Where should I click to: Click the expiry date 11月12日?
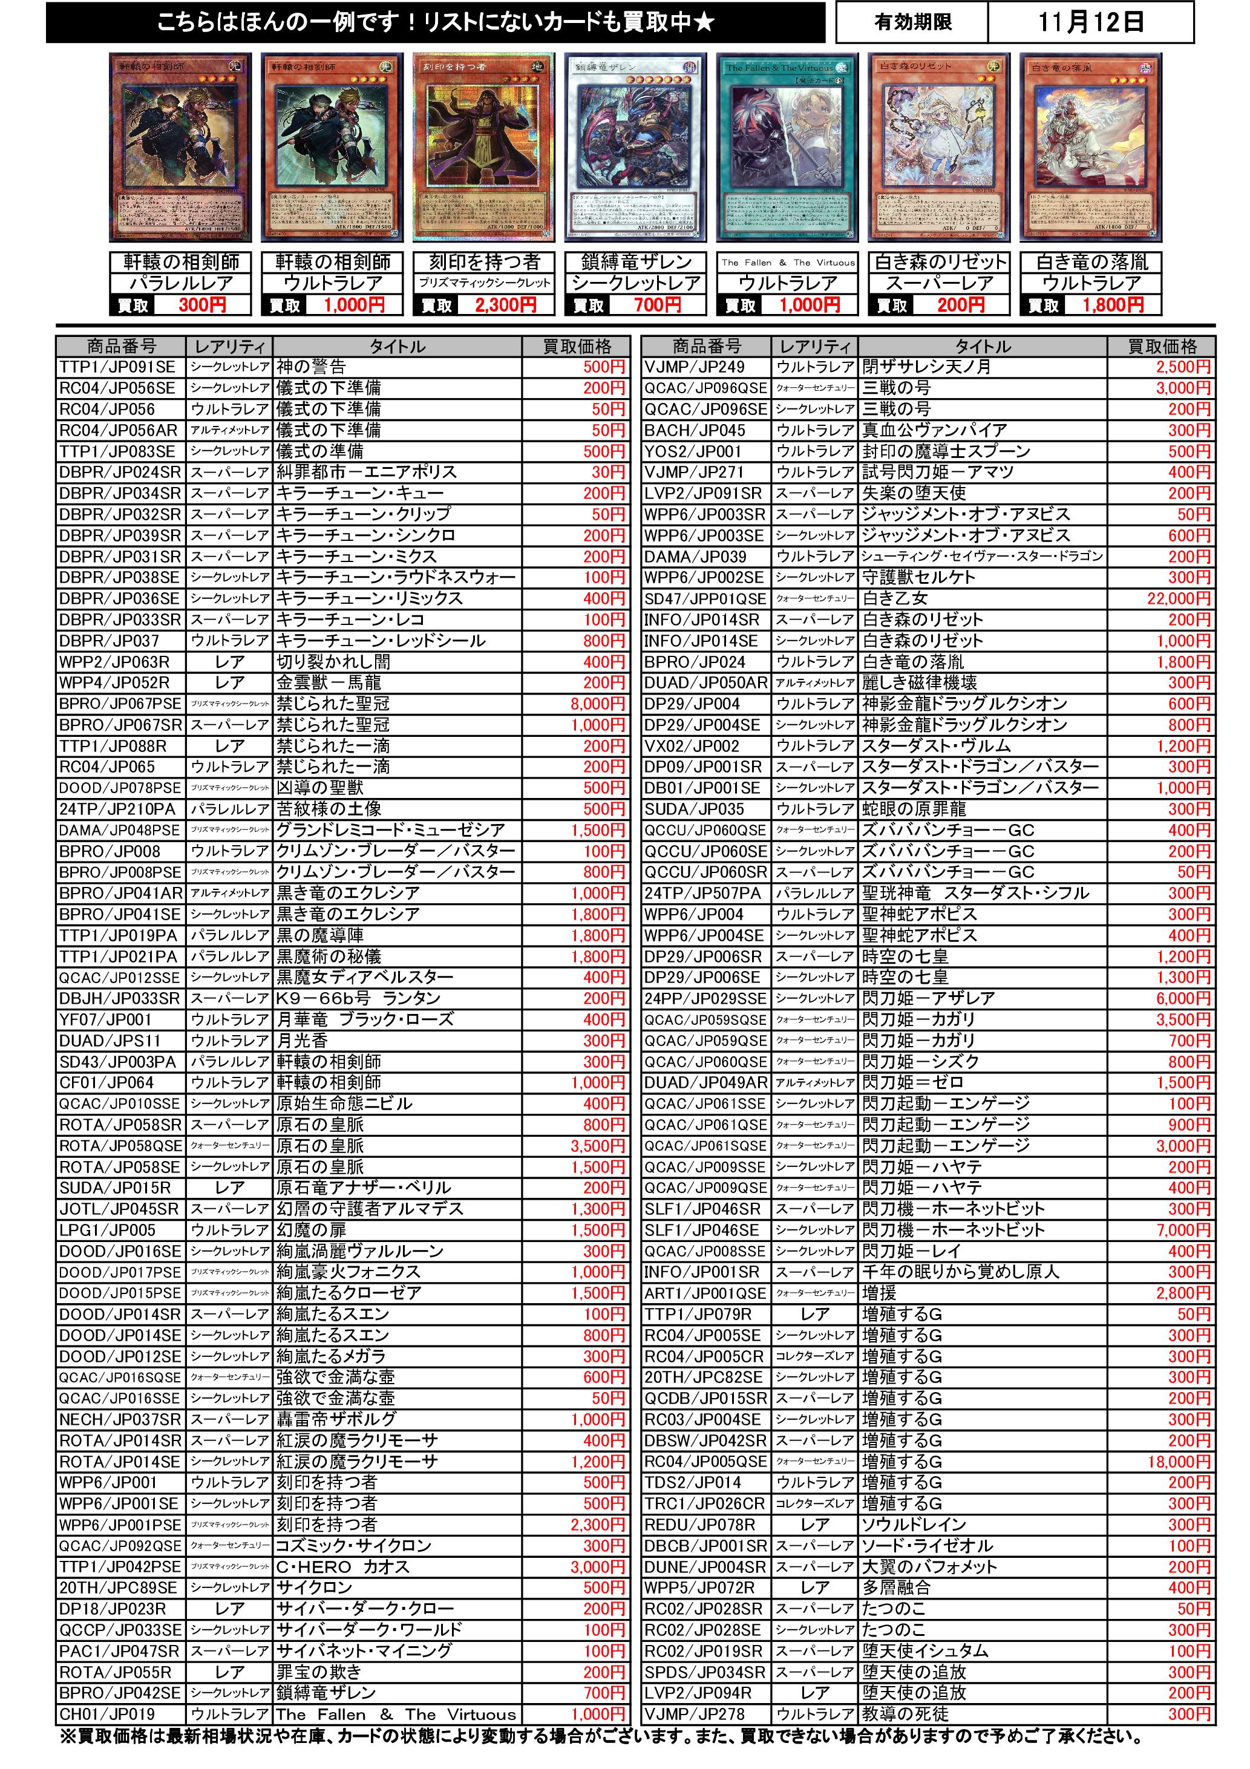pyautogui.click(x=1090, y=22)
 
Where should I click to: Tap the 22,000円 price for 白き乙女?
pyautogui.click(x=1179, y=599)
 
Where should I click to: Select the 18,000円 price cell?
pyautogui.click(x=1179, y=1462)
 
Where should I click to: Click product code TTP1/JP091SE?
pyautogui.click(x=118, y=367)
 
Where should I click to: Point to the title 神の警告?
pyautogui.click(x=312, y=367)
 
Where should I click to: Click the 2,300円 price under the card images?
pyautogui.click(x=505, y=305)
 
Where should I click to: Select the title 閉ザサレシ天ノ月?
pyautogui.click(x=926, y=367)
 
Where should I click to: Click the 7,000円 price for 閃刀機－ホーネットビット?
pyautogui.click(x=1183, y=1231)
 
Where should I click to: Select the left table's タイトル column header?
pyautogui.click(x=397, y=347)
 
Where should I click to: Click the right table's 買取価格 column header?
pyautogui.click(x=1162, y=347)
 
